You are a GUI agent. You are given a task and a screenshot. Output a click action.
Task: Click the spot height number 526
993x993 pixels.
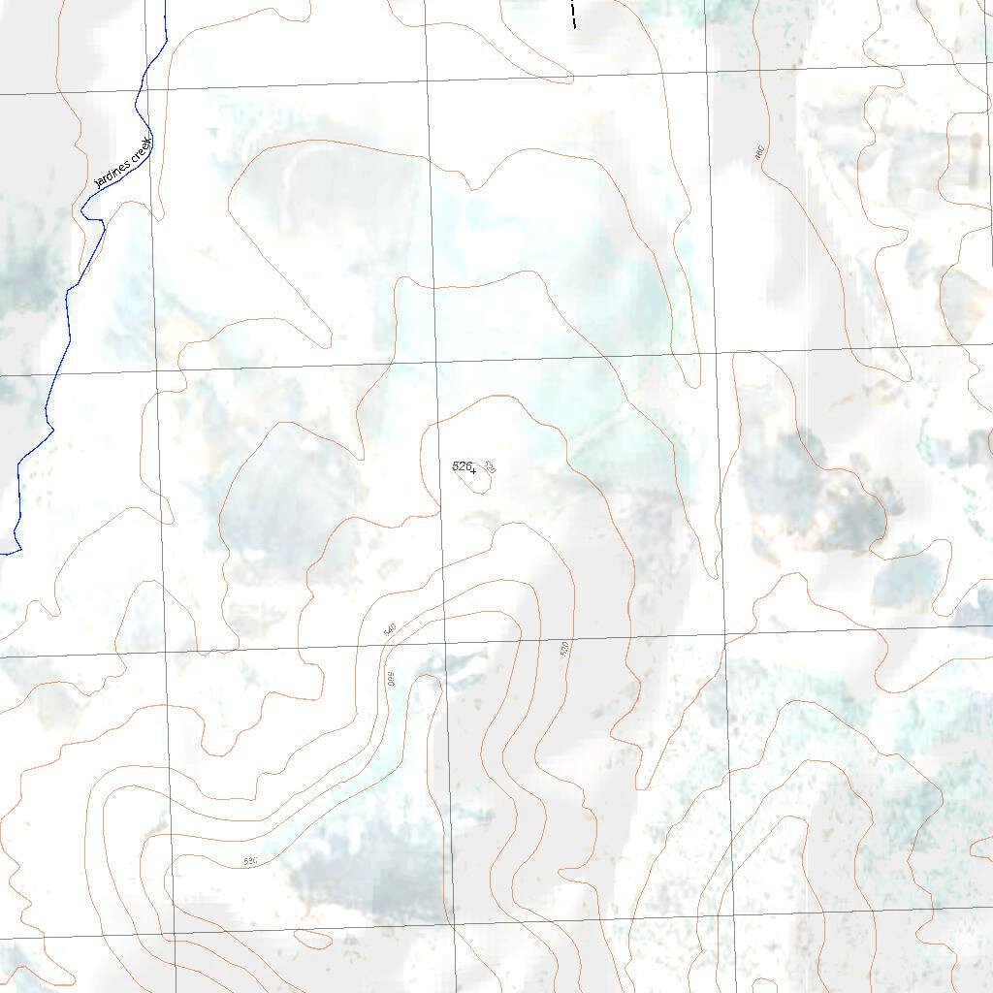tap(461, 466)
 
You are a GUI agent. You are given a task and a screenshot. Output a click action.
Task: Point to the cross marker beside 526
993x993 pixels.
tap(473, 472)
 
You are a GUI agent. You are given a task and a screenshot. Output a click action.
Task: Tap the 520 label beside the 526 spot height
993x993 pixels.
tap(490, 468)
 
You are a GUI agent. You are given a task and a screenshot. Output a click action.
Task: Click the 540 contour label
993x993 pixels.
tap(390, 630)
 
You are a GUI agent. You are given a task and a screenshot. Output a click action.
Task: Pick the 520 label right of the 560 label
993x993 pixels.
tap(564, 649)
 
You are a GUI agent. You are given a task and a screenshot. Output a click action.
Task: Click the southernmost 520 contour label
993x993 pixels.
tap(250, 861)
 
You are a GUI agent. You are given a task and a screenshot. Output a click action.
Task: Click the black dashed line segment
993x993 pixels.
tap(574, 14)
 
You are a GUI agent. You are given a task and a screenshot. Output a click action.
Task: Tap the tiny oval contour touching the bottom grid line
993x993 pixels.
tap(311, 939)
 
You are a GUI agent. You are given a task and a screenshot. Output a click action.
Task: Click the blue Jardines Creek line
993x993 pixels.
tap(70, 320)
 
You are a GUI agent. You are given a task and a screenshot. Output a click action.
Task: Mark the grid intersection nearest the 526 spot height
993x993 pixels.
tap(436, 363)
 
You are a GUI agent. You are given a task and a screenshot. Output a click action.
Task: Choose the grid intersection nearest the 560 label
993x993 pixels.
tap(444, 643)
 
